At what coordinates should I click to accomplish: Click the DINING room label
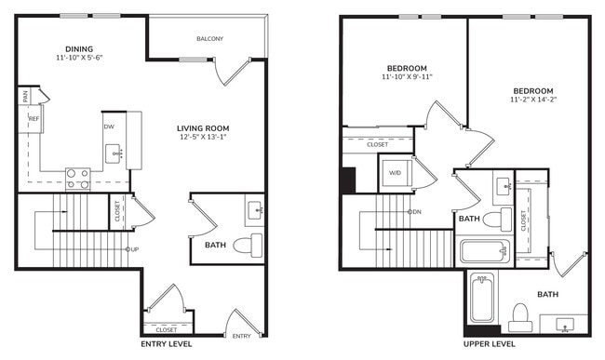click(78, 48)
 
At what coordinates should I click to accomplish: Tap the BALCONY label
click(209, 38)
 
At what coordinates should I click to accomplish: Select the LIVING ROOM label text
click(204, 127)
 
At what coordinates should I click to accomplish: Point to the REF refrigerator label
click(34, 119)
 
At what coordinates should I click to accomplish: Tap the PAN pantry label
click(25, 94)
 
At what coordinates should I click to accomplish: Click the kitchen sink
click(116, 153)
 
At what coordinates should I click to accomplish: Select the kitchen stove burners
click(77, 178)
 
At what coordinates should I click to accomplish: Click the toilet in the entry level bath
click(250, 246)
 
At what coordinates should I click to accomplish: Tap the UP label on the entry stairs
click(134, 249)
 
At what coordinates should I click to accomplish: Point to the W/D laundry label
click(395, 172)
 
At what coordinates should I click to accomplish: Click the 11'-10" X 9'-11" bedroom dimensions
click(407, 77)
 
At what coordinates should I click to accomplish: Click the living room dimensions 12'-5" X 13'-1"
click(204, 138)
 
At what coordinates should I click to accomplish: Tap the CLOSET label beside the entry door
click(167, 329)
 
